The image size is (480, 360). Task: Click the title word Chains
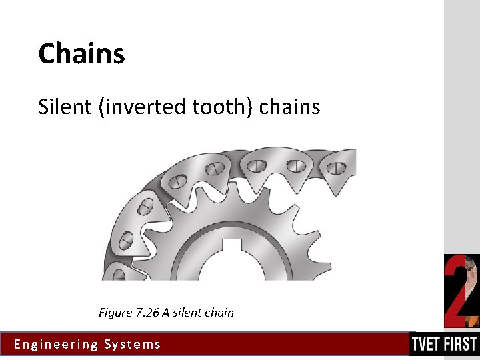[x=81, y=53]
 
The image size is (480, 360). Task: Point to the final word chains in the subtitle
[x=289, y=106]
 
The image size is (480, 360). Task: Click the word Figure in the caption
[x=115, y=312]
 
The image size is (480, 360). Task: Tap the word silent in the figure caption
[x=187, y=312]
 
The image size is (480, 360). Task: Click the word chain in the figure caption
[x=219, y=312]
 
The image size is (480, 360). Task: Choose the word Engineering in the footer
[x=55, y=345]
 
